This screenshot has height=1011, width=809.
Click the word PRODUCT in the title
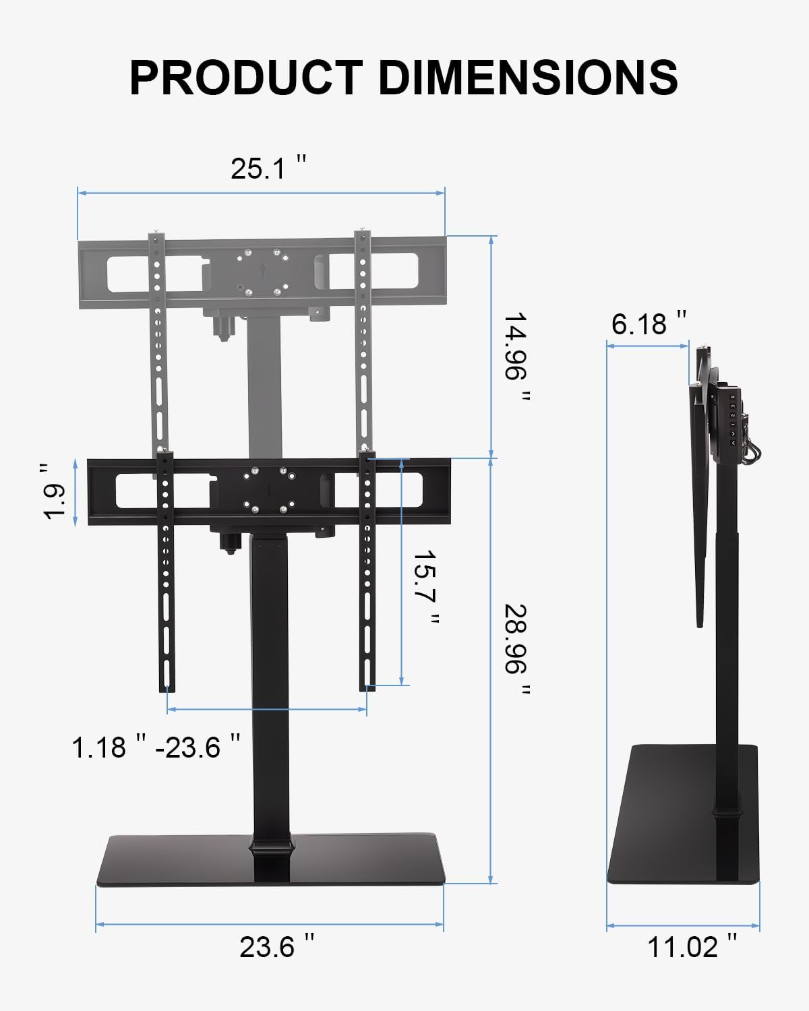(246, 78)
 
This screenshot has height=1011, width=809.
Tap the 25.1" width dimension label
(268, 168)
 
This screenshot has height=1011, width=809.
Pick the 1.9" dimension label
(55, 492)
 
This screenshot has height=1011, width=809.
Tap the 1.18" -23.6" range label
(156, 747)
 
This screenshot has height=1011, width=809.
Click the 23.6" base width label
(276, 947)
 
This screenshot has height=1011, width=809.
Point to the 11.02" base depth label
(692, 947)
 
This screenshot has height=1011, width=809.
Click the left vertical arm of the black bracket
(166, 573)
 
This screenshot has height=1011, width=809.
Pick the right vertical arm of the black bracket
(368, 573)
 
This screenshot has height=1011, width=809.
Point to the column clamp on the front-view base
(273, 847)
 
